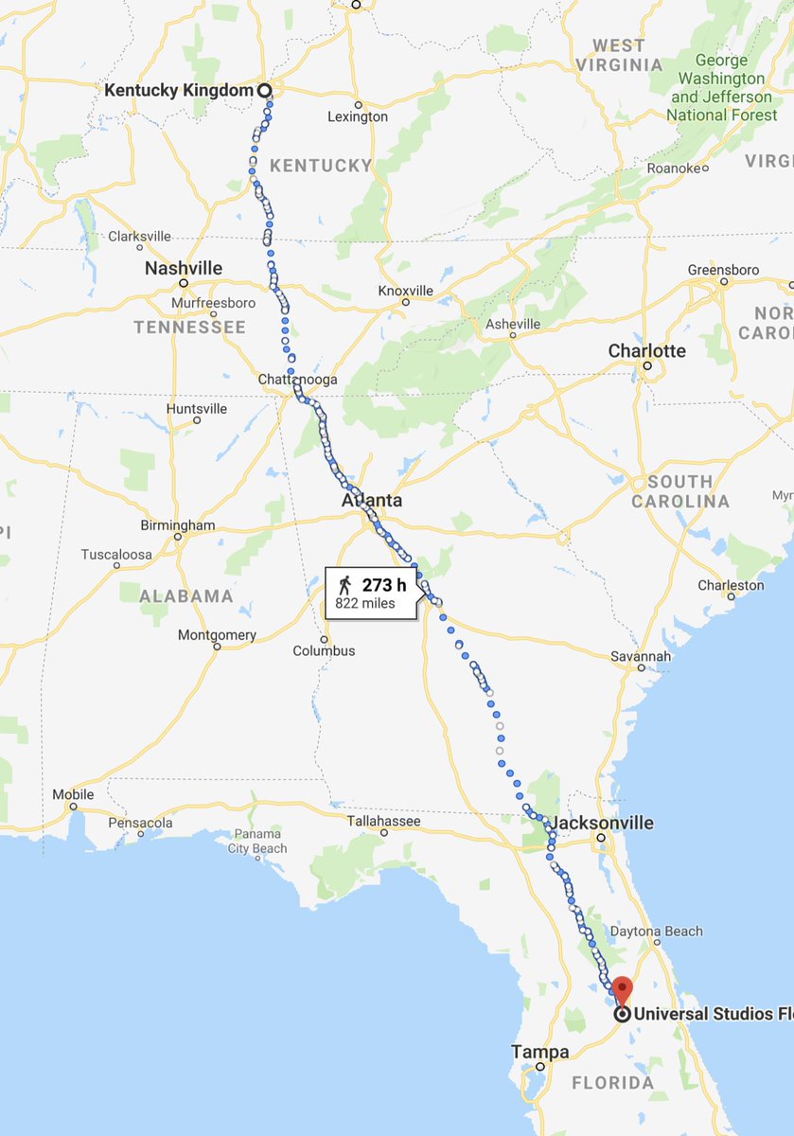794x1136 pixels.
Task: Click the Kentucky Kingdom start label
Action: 178,91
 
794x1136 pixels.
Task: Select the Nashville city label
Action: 184,269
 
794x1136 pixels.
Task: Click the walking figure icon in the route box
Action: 344,584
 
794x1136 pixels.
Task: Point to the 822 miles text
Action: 364,603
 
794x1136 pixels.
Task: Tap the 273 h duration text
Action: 384,584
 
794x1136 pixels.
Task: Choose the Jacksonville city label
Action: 602,823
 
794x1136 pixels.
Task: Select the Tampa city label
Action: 540,1052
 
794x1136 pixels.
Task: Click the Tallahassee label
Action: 383,821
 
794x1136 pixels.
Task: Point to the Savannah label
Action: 641,656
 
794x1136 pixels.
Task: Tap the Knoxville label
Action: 405,291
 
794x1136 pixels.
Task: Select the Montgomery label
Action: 217,634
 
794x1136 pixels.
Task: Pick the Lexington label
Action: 358,116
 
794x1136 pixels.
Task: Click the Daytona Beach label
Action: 656,932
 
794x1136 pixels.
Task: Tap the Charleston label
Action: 731,585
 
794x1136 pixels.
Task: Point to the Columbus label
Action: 324,650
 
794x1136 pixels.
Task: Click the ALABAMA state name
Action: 186,596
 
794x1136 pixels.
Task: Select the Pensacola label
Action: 140,823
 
